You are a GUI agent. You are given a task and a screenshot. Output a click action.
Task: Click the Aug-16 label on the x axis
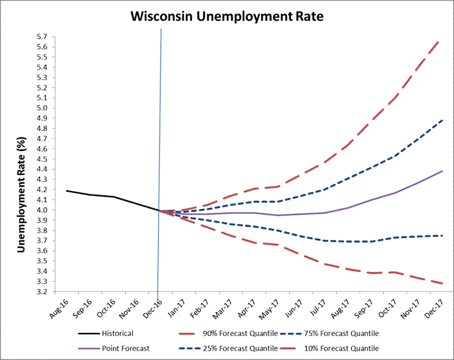point(59,306)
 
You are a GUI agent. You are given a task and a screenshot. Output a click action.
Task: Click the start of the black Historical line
point(67,191)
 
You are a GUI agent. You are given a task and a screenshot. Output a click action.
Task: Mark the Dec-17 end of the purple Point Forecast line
point(442,171)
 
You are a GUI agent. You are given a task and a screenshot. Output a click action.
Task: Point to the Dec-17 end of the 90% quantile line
point(440,39)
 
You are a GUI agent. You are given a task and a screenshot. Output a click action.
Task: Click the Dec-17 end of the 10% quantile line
point(442,284)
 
